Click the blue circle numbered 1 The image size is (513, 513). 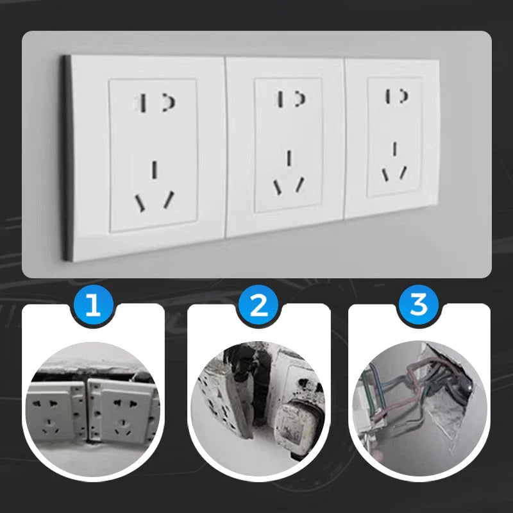[93, 305]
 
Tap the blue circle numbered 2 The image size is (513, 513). [258, 305]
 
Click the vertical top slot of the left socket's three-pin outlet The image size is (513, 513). [155, 169]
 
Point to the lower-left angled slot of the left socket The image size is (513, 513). [140, 203]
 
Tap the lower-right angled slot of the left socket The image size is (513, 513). [169, 199]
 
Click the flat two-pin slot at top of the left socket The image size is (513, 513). [145, 103]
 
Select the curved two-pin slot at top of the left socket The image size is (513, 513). [171, 101]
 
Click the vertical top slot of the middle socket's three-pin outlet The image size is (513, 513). [289, 158]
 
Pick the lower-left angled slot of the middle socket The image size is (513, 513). [278, 187]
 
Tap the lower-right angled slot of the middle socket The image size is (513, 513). [299, 184]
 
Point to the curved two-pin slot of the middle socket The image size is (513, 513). [299, 98]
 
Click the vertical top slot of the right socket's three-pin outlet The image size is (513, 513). [394, 149]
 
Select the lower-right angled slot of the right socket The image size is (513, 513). [403, 172]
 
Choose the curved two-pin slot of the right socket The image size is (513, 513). [404, 96]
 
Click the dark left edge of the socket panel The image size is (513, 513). [65, 157]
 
